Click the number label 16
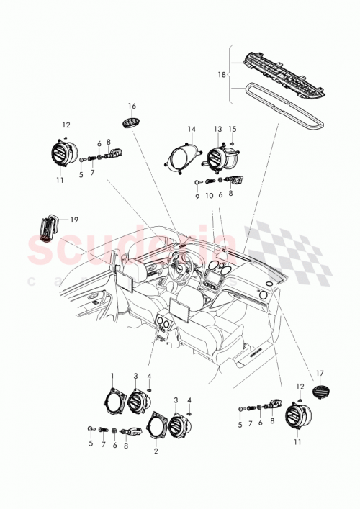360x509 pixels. pyautogui.click(x=132, y=105)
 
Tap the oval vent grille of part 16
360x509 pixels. pyautogui.click(x=131, y=123)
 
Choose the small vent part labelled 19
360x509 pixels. pyautogui.click(x=48, y=228)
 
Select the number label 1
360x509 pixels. pyautogui.click(x=112, y=375)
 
